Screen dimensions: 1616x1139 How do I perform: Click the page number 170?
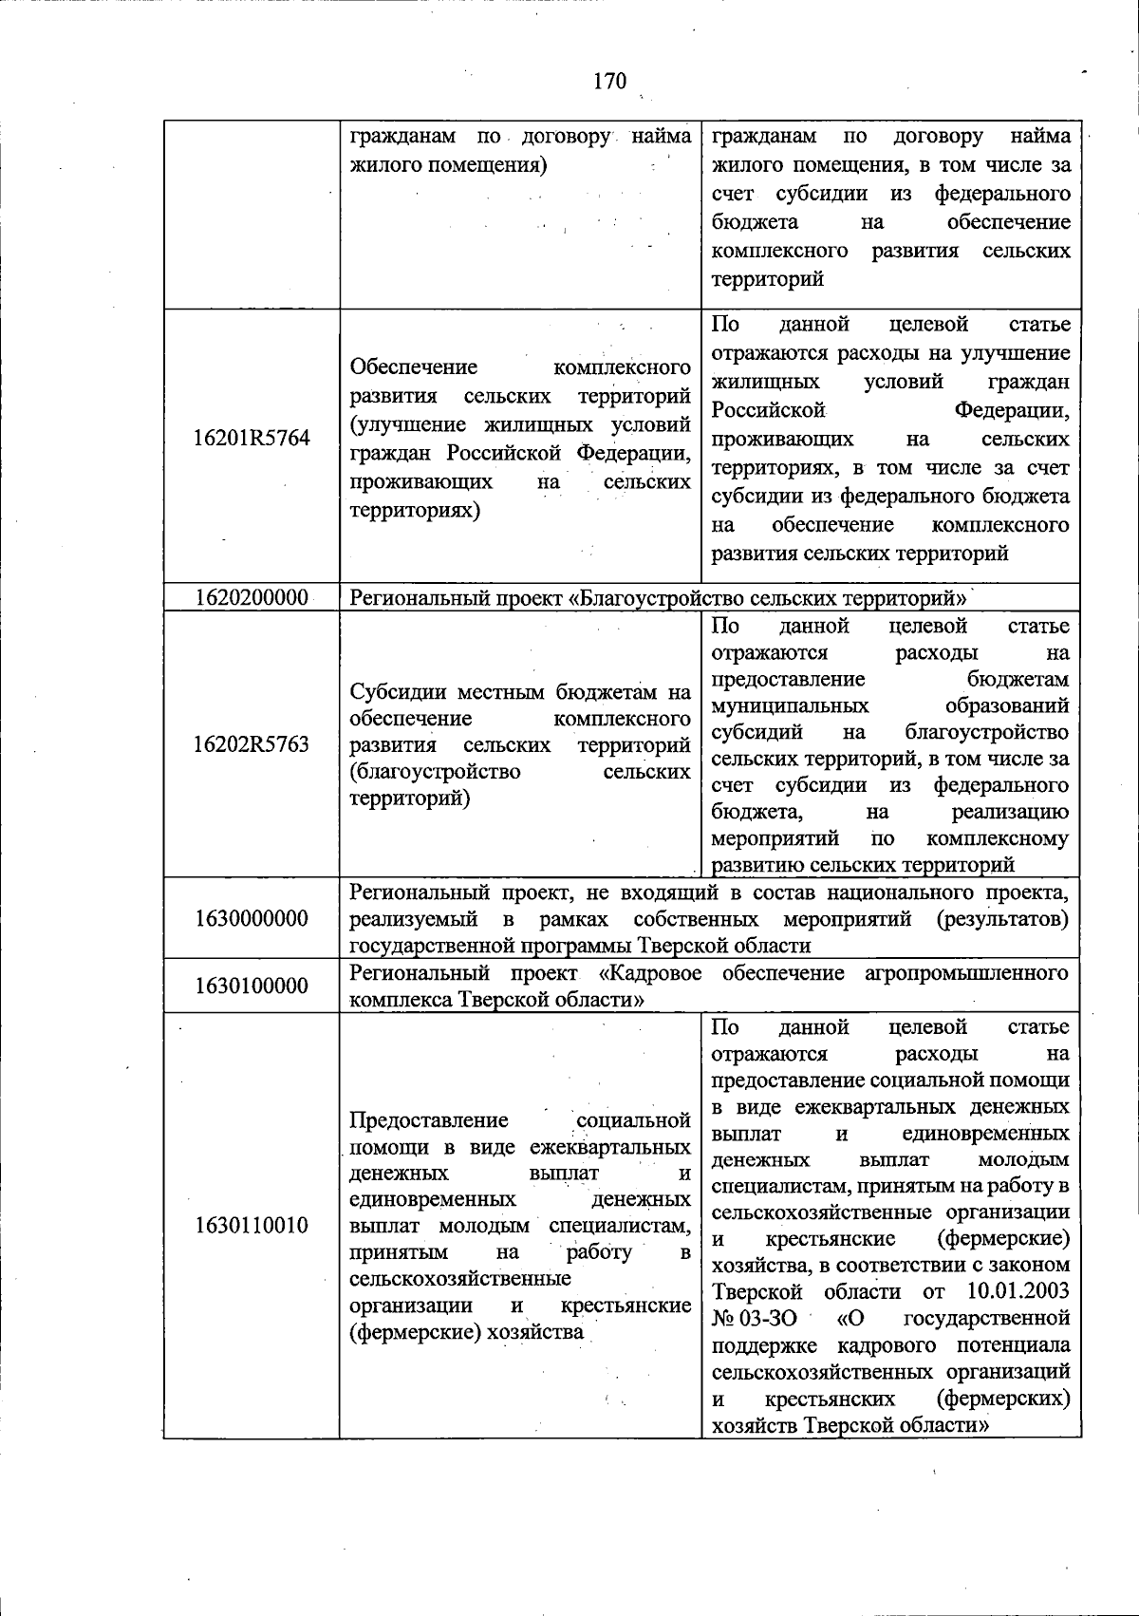point(609,82)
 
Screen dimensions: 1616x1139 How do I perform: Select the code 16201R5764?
point(252,439)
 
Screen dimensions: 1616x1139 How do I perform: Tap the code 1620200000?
point(252,598)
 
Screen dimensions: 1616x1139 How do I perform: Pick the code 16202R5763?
point(252,744)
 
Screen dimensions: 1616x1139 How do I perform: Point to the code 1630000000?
point(252,919)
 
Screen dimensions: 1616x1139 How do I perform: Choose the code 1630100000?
point(252,987)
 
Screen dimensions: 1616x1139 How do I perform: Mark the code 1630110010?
point(252,1226)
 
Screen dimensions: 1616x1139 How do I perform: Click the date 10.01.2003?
point(1018,1292)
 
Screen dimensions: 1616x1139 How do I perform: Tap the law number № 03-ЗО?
point(755,1319)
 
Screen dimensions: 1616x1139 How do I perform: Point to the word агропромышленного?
point(968,973)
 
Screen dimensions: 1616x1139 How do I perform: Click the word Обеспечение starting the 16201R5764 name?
point(414,367)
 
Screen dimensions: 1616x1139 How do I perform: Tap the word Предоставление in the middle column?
point(429,1120)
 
